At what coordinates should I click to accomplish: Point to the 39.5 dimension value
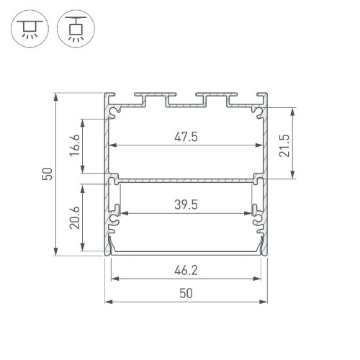186,204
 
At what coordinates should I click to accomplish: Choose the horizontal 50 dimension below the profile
186,293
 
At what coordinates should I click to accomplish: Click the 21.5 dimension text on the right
285,144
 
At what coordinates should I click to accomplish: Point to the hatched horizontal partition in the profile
186,177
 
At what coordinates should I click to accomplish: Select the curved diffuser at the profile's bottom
186,252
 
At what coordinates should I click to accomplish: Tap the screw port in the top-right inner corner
257,111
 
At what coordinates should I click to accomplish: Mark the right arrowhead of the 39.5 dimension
251,213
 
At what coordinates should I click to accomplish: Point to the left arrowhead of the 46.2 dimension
113,279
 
